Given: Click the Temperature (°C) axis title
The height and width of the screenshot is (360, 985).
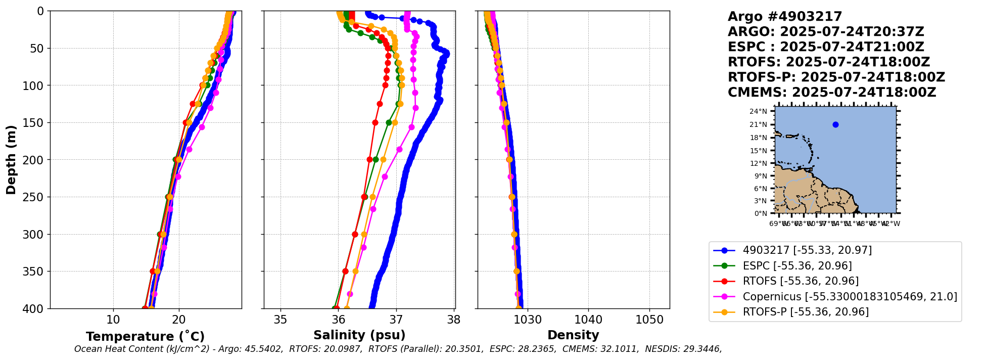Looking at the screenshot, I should click(145, 337).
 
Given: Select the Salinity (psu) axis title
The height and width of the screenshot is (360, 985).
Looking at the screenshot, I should click(359, 335).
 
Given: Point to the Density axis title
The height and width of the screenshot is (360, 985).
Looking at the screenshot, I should click(573, 335).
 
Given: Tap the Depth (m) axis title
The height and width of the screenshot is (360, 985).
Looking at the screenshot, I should click(11, 160).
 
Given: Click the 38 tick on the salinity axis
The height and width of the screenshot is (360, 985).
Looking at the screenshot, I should click(454, 320).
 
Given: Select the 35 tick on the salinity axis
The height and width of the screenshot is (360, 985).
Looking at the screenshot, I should click(280, 320).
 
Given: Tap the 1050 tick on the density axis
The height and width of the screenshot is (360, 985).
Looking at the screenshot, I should click(649, 320).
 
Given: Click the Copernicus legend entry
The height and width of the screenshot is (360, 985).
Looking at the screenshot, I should click(850, 297).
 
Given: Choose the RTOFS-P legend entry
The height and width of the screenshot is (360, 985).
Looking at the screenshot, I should click(806, 312).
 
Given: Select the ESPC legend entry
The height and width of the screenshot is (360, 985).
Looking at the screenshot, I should click(797, 266).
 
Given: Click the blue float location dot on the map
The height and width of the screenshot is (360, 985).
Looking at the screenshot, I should click(835, 124).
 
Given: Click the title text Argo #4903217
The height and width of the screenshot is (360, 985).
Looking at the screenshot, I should click(785, 17).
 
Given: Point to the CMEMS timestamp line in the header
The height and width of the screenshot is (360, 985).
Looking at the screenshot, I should click(831, 93).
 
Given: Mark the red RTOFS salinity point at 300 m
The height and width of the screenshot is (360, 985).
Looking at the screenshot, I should click(355, 234).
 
